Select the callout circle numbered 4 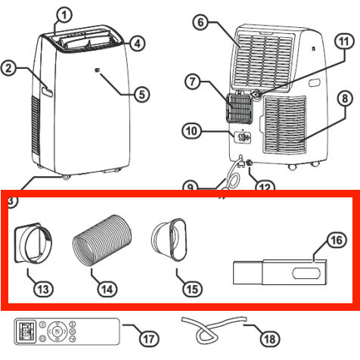137,43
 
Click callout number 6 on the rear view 200,22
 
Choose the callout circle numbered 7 191,80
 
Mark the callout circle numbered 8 343,98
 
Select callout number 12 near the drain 263,187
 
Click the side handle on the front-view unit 48,92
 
